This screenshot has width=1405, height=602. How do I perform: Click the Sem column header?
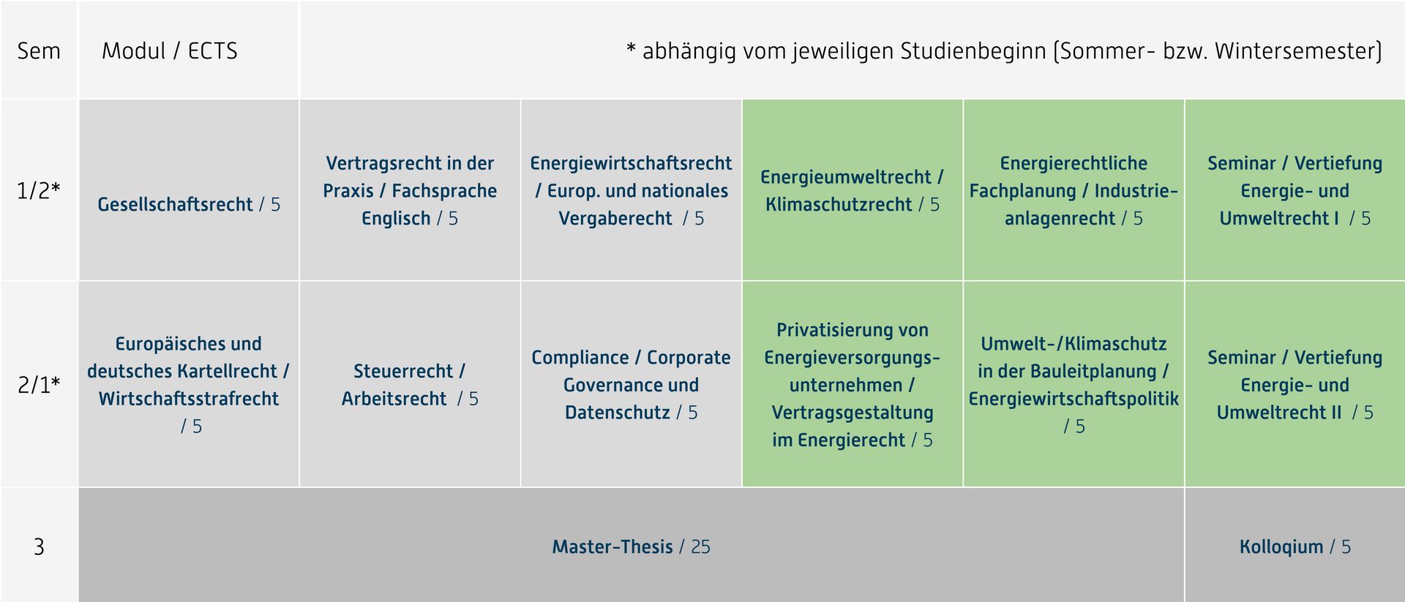39,51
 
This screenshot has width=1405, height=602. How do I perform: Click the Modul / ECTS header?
170,51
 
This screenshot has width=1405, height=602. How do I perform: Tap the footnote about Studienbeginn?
1004,51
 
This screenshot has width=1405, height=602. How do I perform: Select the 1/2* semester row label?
39,190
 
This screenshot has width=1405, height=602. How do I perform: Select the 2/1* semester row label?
39,385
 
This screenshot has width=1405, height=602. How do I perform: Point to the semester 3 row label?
39,547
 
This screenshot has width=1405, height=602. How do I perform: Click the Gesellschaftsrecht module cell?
189,190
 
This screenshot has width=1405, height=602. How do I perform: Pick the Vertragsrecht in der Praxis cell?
410,190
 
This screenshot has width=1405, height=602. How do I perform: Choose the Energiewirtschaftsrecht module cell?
631,190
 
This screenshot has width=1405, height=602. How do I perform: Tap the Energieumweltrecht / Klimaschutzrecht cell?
853,190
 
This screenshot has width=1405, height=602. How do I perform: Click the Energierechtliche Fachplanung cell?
1074,190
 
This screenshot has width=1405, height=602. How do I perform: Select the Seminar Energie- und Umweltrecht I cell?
1295,190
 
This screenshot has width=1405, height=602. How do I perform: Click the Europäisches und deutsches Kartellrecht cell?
189,384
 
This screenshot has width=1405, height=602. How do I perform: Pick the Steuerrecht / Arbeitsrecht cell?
410,384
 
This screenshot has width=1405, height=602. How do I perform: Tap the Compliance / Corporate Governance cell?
631,384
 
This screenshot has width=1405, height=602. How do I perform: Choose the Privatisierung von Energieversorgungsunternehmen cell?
853,384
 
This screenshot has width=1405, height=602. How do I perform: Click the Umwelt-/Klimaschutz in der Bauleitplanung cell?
1074,384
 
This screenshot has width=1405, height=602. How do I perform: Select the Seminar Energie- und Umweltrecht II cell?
1295,384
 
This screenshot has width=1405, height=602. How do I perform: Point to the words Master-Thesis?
612,547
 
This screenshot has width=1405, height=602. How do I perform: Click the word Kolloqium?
1281,547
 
